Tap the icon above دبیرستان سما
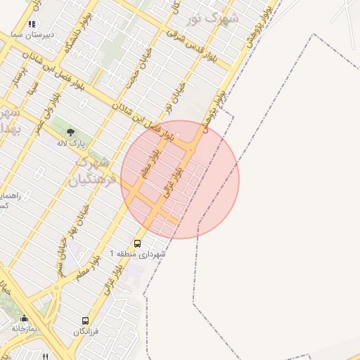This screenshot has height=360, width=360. pos(31,23)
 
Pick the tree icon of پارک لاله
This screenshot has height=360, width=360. pos(70,131)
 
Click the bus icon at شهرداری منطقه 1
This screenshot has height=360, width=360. pos(136,243)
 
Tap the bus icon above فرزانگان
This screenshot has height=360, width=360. pos(86,321)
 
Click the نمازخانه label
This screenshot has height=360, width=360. pos(25,328)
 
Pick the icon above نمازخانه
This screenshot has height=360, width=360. pos(25,318)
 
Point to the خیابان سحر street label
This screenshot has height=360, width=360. pos(62,259)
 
